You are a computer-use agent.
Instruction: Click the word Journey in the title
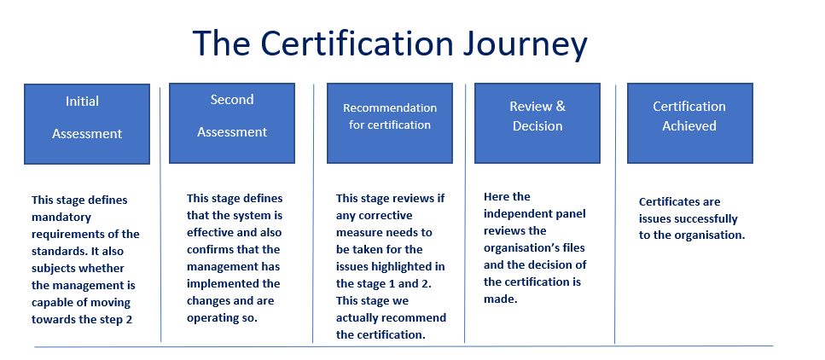point(525,44)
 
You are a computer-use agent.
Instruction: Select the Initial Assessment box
point(87,124)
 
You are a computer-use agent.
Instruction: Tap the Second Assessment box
point(232,123)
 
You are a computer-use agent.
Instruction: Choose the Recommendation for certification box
point(390,123)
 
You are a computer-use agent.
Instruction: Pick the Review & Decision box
point(537,123)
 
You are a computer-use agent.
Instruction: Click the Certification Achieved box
point(690,123)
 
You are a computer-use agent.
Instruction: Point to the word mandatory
point(61,218)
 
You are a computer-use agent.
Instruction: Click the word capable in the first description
point(51,303)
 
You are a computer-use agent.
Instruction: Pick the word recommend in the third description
point(414,318)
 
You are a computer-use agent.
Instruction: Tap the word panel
point(571,213)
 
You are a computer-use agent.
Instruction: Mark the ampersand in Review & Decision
point(561,107)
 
